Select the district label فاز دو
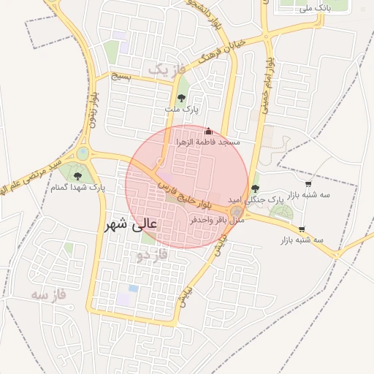[x=153, y=255]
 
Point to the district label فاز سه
[x=49, y=295]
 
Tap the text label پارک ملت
[x=181, y=110]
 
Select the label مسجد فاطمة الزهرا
[x=208, y=142]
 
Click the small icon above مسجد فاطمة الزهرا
[x=207, y=131]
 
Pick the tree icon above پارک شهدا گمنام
[x=77, y=176]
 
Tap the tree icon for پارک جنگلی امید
[x=254, y=188]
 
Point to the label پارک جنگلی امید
[x=255, y=199]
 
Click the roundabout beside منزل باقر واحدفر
[x=236, y=212]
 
